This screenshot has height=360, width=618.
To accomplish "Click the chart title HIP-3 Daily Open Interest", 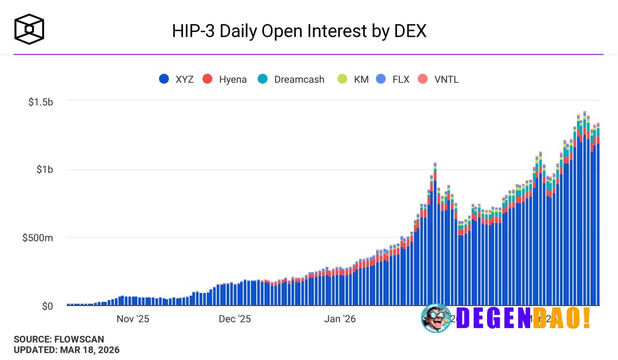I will [299, 31].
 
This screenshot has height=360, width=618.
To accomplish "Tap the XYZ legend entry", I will [177, 79].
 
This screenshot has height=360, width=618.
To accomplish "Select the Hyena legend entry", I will [225, 79].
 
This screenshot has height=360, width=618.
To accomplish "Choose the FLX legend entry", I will [393, 79].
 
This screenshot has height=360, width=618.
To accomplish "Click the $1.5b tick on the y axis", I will [41, 102].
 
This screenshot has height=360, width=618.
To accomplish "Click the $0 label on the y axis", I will [47, 306].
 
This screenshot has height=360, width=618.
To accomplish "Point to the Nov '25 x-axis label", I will [133, 319].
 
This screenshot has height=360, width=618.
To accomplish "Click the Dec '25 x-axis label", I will [235, 319].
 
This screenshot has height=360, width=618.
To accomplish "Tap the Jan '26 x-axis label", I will [340, 319].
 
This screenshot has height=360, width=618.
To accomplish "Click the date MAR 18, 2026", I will [90, 350].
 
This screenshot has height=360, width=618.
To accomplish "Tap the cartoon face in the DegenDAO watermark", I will [436, 318].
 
